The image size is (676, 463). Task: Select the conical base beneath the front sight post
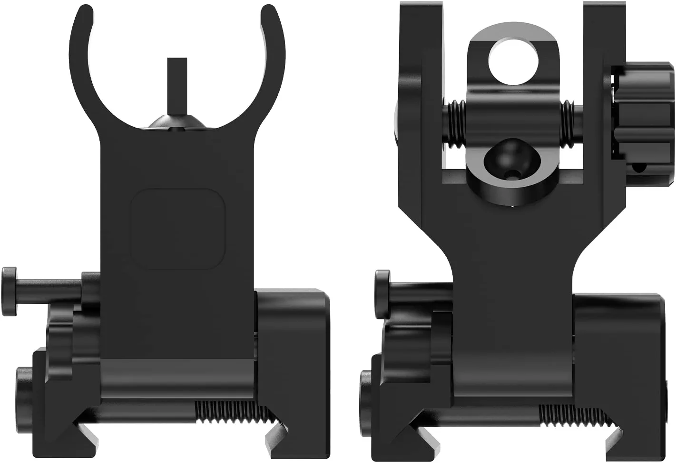(x=177, y=122)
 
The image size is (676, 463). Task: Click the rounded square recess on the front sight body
(x=177, y=229)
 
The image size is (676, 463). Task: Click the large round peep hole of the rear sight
(x=514, y=60)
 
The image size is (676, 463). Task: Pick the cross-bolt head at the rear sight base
(x=382, y=294)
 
